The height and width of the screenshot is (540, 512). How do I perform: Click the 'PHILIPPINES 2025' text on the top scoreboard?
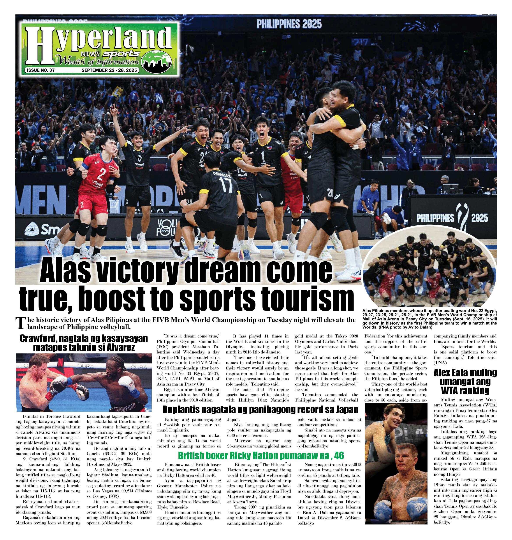point(289,24)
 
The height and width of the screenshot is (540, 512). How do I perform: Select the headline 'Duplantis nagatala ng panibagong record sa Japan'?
point(260,409)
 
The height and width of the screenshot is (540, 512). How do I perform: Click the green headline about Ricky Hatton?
point(261,455)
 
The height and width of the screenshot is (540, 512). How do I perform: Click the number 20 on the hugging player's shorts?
point(331,193)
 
